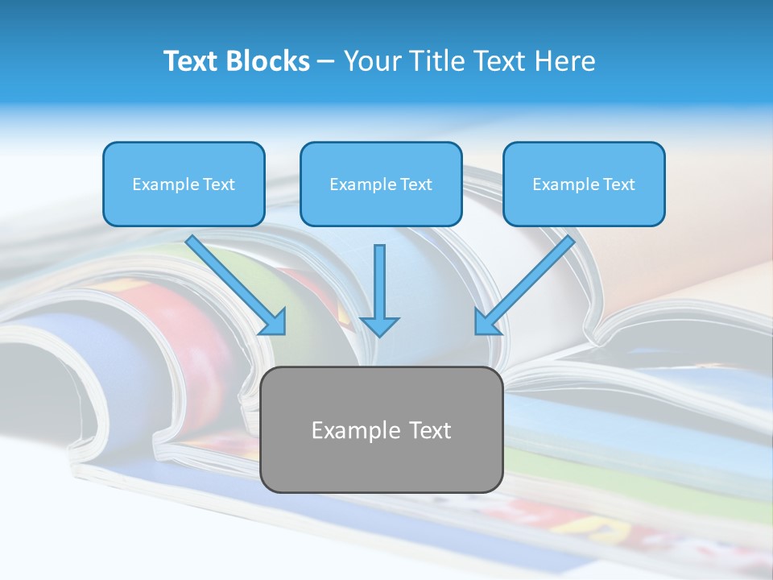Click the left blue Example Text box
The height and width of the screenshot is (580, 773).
pyautogui.click(x=184, y=184)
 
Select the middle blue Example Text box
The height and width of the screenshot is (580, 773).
pyautogui.click(x=381, y=184)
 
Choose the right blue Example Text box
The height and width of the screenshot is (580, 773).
pyautogui.click(x=584, y=184)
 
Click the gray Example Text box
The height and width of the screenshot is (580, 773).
pyautogui.click(x=382, y=430)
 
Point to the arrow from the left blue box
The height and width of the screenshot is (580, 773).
pyautogui.click(x=234, y=283)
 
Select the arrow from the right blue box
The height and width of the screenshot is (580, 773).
pyautogui.click(x=527, y=283)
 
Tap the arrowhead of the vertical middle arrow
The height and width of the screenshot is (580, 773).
pyautogui.click(x=380, y=325)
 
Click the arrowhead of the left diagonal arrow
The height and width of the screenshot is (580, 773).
pyautogui.click(x=275, y=323)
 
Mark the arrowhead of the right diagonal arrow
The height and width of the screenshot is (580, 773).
pyautogui.click(x=486, y=323)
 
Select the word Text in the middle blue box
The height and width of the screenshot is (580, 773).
pyautogui.click(x=415, y=184)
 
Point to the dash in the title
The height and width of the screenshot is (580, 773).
pyautogui.click(x=327, y=62)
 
